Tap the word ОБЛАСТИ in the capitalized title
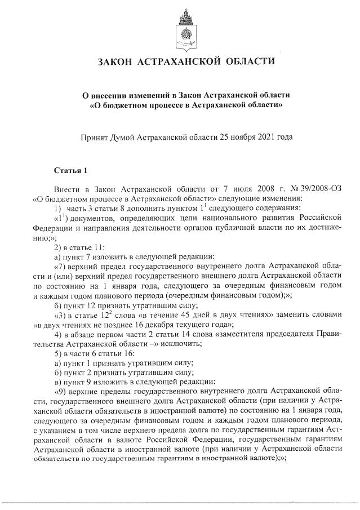click(248, 60)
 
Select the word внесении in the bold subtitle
click(114, 95)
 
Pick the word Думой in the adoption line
click(128, 136)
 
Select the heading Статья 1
click(71, 170)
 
